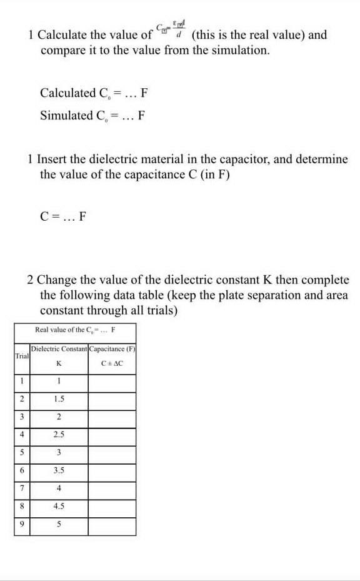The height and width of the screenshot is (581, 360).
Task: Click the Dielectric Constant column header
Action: [59, 348]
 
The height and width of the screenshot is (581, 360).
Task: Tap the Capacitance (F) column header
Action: [112, 348]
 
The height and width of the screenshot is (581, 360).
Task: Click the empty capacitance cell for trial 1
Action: [112, 383]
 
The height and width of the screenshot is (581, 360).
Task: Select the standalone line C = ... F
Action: [63, 218]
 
